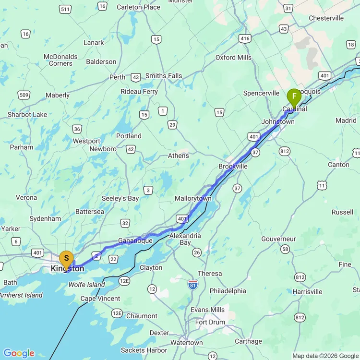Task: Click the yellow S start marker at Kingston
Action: click(x=66, y=259)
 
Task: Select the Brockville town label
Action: click(x=233, y=166)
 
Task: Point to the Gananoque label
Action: click(x=135, y=241)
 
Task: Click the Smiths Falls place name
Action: click(x=164, y=76)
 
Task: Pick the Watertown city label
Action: click(x=187, y=343)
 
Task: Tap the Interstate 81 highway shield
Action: click(x=193, y=284)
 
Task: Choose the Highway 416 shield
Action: click(x=245, y=38)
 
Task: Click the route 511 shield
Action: click(x=66, y=9)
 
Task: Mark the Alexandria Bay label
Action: click(x=185, y=239)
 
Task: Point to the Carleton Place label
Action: click(x=138, y=7)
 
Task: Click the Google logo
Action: click(x=19, y=353)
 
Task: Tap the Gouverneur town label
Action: click(x=278, y=239)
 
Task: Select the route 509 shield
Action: click(x=24, y=95)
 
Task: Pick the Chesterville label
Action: click(x=326, y=18)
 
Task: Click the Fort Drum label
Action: click(x=210, y=322)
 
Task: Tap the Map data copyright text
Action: click(x=325, y=356)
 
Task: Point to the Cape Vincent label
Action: click(x=100, y=299)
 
